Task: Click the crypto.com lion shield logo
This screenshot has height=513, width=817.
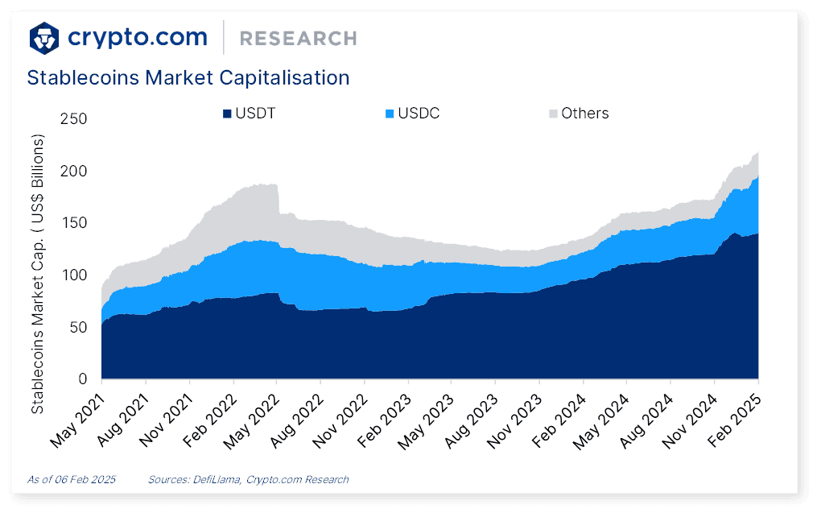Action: click(44, 37)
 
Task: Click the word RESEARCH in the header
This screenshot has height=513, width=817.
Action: click(298, 38)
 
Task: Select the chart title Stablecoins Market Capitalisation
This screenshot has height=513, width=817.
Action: click(188, 78)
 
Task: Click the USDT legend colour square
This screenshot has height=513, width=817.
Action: click(228, 114)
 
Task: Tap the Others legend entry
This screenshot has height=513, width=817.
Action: click(578, 114)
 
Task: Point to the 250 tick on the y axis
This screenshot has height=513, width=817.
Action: click(73, 119)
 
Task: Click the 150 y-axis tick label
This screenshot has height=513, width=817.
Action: click(73, 223)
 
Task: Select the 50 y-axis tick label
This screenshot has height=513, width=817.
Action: click(77, 327)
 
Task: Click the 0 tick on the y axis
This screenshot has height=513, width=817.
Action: click(82, 379)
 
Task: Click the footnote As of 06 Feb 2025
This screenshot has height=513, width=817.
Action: click(72, 479)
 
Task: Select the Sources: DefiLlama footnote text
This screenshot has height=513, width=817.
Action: click(248, 479)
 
